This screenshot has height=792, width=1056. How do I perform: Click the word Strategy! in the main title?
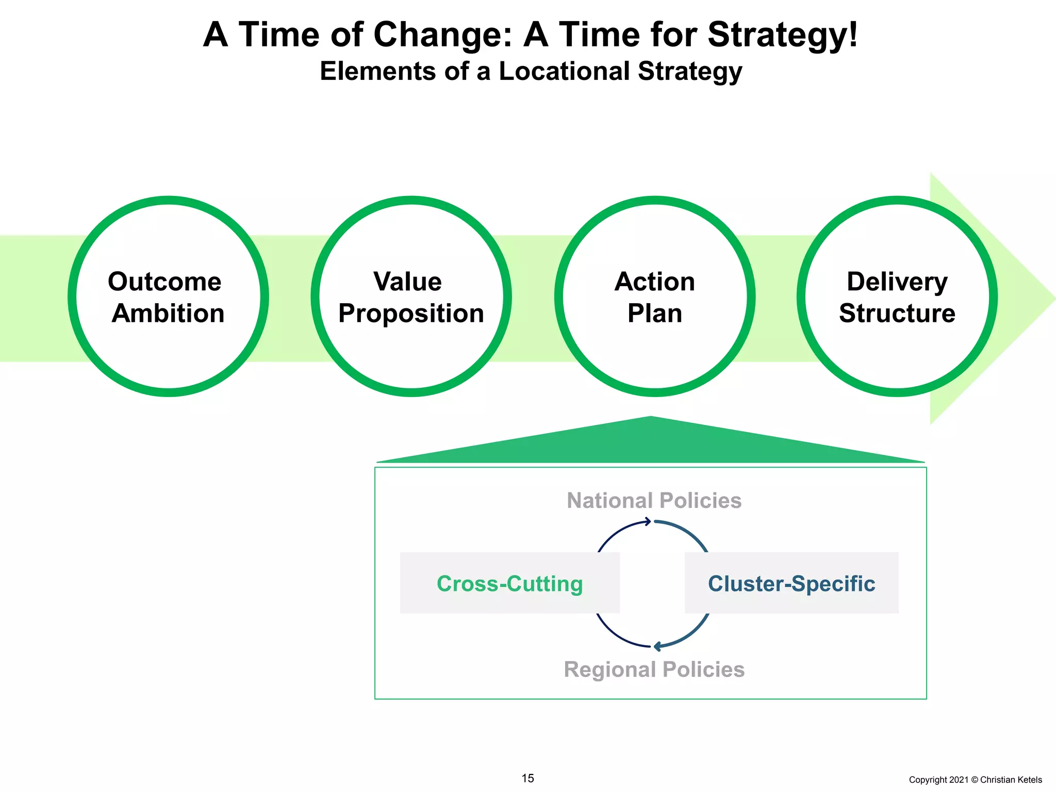click(782, 35)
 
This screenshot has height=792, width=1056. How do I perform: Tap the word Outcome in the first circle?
click(164, 282)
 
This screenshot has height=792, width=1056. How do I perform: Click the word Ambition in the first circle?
click(168, 313)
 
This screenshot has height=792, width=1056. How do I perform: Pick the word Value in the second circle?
click(407, 282)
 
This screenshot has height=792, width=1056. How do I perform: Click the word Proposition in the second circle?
click(411, 313)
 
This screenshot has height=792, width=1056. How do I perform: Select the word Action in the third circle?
click(654, 282)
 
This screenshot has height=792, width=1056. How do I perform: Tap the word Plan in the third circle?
click(654, 313)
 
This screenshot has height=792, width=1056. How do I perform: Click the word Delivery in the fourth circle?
click(897, 282)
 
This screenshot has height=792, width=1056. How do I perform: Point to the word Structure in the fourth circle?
click(897, 313)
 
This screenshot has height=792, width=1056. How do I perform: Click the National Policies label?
click(654, 501)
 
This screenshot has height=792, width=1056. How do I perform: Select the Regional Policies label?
click(654, 669)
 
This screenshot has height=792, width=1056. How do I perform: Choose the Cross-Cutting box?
click(509, 583)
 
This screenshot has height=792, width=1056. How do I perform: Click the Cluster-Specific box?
click(791, 583)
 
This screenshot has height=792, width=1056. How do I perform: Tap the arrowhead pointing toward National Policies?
click(648, 522)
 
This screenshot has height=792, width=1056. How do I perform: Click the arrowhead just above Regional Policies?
click(657, 647)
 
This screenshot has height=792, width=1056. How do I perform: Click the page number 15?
click(527, 778)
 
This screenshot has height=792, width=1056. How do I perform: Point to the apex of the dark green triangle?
click(651, 417)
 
